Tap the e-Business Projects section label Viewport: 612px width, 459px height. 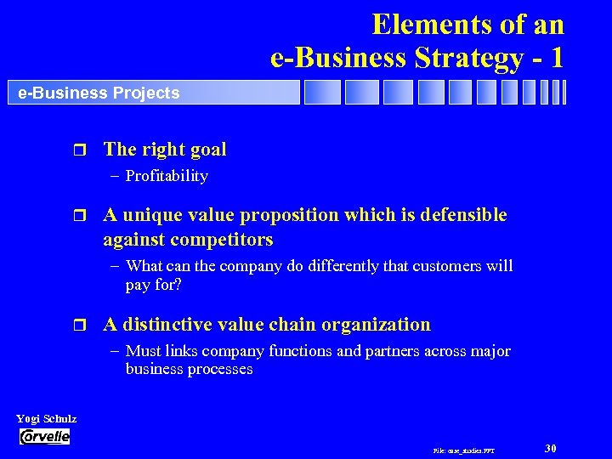pyautogui.click(x=99, y=93)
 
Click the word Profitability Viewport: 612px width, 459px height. pyautogui.click(x=167, y=176)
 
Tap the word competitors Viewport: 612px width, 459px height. pyautogui.click(x=222, y=240)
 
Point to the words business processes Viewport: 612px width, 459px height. pyautogui.click(x=189, y=370)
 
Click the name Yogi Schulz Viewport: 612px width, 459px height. pyautogui.click(x=47, y=419)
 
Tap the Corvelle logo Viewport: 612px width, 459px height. pyautogui.click(x=44, y=437)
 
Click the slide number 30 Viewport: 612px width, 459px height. pyautogui.click(x=551, y=448)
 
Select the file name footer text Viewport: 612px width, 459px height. pyautogui.click(x=464, y=450)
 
